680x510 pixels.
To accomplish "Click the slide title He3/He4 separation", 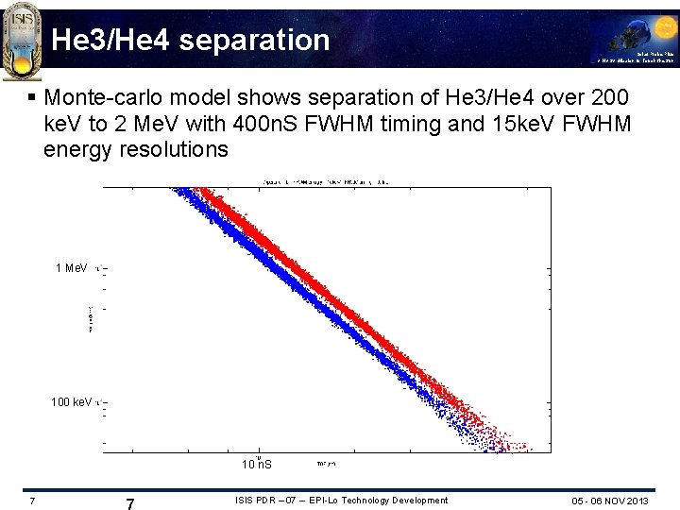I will pyautogui.click(x=191, y=40).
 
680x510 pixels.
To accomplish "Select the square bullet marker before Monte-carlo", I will pyautogui.click(x=33, y=97).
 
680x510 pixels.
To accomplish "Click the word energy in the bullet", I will pyautogui.click(x=73, y=148).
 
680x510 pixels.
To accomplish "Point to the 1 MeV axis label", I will pyautogui.click(x=71, y=268).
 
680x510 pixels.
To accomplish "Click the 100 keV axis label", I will pyautogui.click(x=71, y=402).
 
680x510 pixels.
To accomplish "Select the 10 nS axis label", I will pyautogui.click(x=256, y=465).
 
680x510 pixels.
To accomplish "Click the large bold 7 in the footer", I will pyautogui.click(x=129, y=504).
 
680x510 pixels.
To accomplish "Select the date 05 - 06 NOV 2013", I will pyautogui.click(x=610, y=501).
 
